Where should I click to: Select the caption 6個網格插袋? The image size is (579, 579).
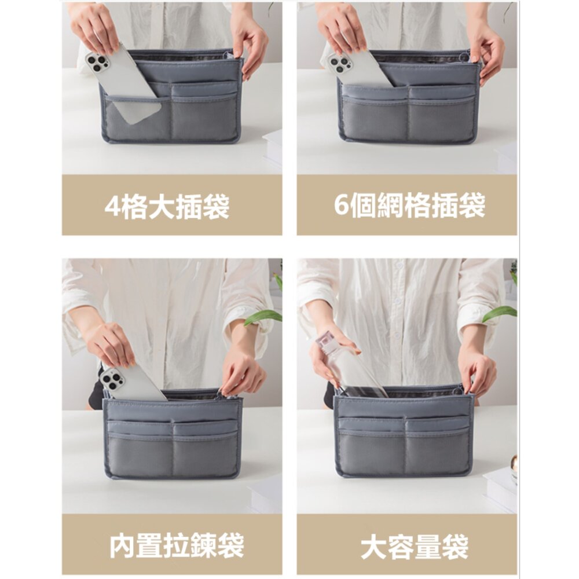[409, 206]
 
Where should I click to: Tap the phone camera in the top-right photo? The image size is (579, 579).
[340, 63]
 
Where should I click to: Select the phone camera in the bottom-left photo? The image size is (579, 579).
[112, 380]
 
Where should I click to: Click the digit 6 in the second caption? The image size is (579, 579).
[342, 206]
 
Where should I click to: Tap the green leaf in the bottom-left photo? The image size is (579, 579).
[263, 317]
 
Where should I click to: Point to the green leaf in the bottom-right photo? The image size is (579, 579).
[499, 313]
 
